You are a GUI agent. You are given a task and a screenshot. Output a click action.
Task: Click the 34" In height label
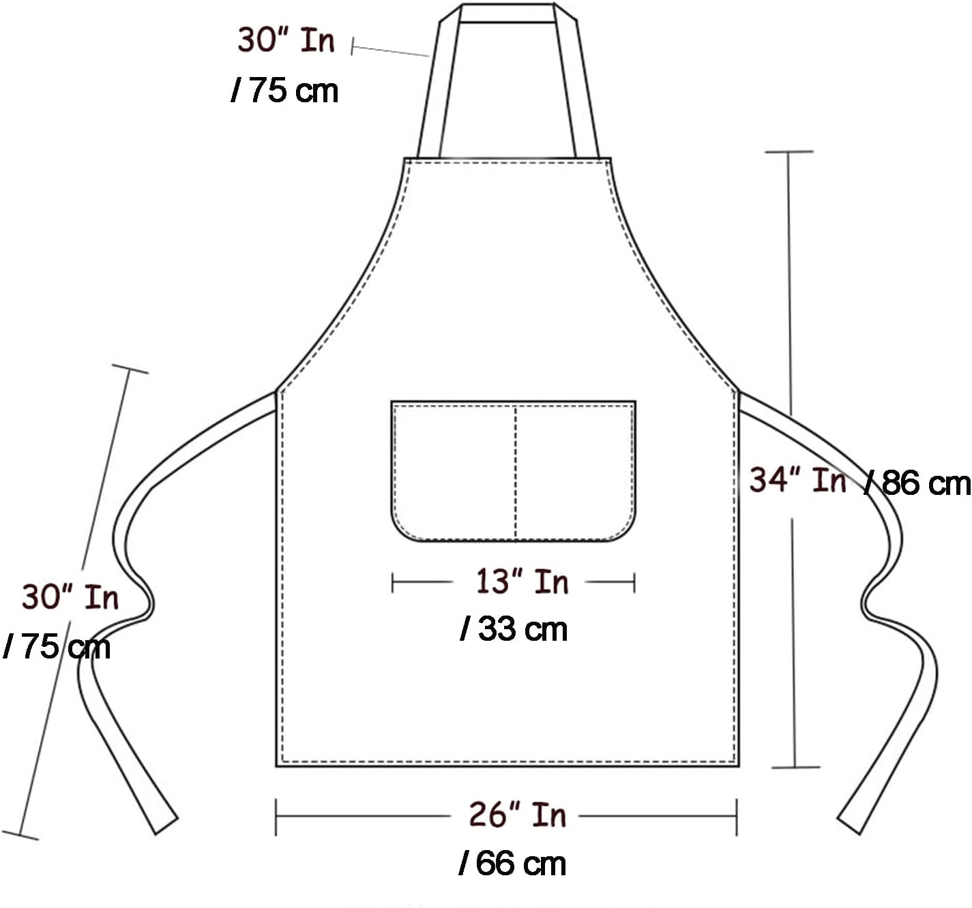[x=797, y=481]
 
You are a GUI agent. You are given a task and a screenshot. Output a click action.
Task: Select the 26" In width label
[x=517, y=815]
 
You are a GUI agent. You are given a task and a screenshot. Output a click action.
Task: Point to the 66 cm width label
[x=513, y=864]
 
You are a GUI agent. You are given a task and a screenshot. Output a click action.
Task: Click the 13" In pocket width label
[x=522, y=581]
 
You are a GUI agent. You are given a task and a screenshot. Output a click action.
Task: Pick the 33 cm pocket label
[x=514, y=629]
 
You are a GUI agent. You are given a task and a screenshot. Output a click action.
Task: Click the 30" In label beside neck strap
[x=286, y=40]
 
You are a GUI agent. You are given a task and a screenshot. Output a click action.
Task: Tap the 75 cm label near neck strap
[x=285, y=91]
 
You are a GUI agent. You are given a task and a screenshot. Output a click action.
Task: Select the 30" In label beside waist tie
[x=70, y=597]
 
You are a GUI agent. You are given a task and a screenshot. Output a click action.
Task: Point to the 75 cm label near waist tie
[x=57, y=646]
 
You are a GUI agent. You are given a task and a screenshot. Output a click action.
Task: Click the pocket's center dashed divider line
[x=516, y=470]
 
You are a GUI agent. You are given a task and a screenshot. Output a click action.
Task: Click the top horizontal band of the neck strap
[x=507, y=13]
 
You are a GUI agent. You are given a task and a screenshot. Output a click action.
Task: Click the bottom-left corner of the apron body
[x=278, y=765]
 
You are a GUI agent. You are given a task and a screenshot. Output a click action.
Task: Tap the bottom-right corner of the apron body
[x=738, y=765]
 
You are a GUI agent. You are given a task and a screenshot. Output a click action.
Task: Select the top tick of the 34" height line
[x=789, y=151]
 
